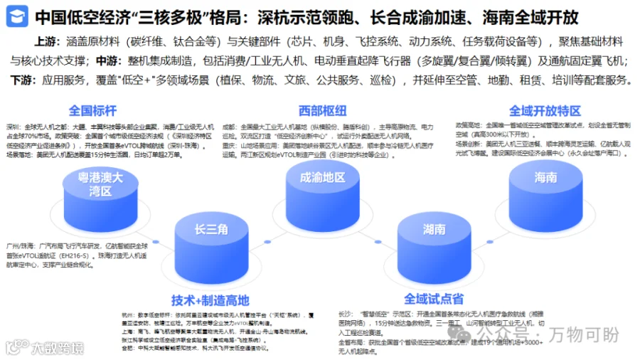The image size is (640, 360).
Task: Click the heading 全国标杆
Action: click(92, 111)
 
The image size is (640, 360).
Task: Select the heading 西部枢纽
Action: click(323, 111)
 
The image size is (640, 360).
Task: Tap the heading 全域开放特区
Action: click(545, 111)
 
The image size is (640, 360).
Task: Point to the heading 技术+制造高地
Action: click(210, 300)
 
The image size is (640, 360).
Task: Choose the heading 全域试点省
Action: click(434, 299)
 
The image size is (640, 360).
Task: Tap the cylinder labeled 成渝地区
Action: click(322, 178)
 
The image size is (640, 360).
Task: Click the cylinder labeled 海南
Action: click(545, 178)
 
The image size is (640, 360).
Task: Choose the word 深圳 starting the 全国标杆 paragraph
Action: click(14, 124)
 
